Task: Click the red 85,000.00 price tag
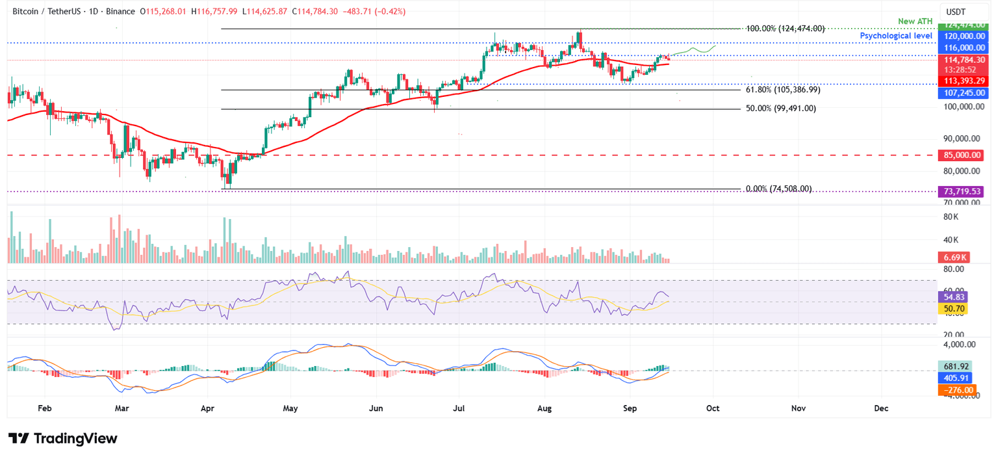point(960,155)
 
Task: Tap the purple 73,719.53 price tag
point(960,191)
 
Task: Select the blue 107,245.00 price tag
point(960,93)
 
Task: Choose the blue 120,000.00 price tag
point(960,36)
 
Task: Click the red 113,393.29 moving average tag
point(960,81)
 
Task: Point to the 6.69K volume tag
point(951,257)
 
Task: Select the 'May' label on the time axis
point(290,408)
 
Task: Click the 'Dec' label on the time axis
point(881,408)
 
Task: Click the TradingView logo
point(62,439)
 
